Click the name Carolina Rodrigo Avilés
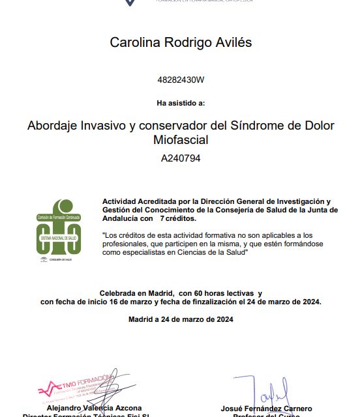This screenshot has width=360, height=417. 181,43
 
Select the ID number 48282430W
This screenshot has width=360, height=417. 181,80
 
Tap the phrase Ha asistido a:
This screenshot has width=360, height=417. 181,103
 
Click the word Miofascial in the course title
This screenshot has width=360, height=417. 181,139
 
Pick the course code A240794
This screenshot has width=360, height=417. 181,158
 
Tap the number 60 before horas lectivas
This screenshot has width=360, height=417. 197,294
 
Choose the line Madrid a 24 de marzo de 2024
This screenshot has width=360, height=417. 181,319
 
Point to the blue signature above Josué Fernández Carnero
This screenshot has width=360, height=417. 264,391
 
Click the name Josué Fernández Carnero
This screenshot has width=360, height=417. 267,408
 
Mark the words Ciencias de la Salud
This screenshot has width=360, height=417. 211,252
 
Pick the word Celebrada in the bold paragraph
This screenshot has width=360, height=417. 121,294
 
